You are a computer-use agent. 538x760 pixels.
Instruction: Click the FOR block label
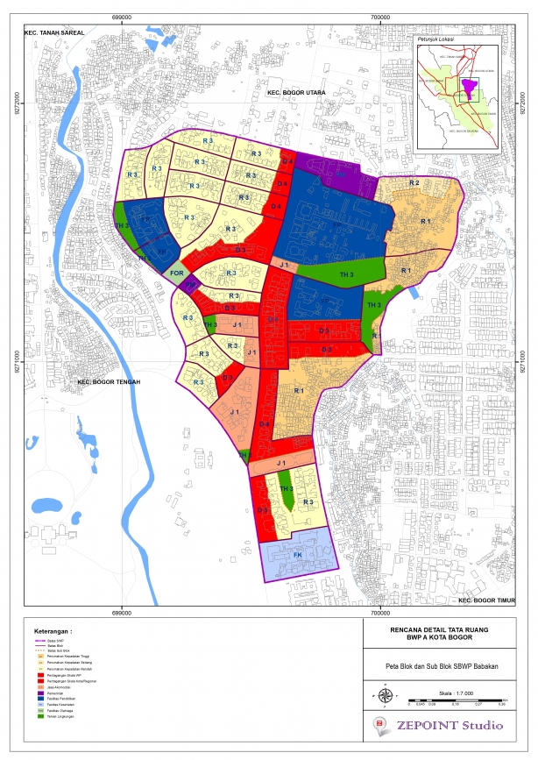pyautogui.click(x=176, y=273)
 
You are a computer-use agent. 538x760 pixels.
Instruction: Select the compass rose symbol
pyautogui.click(x=386, y=695)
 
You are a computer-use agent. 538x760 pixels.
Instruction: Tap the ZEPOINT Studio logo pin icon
pyautogui.click(x=379, y=724)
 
